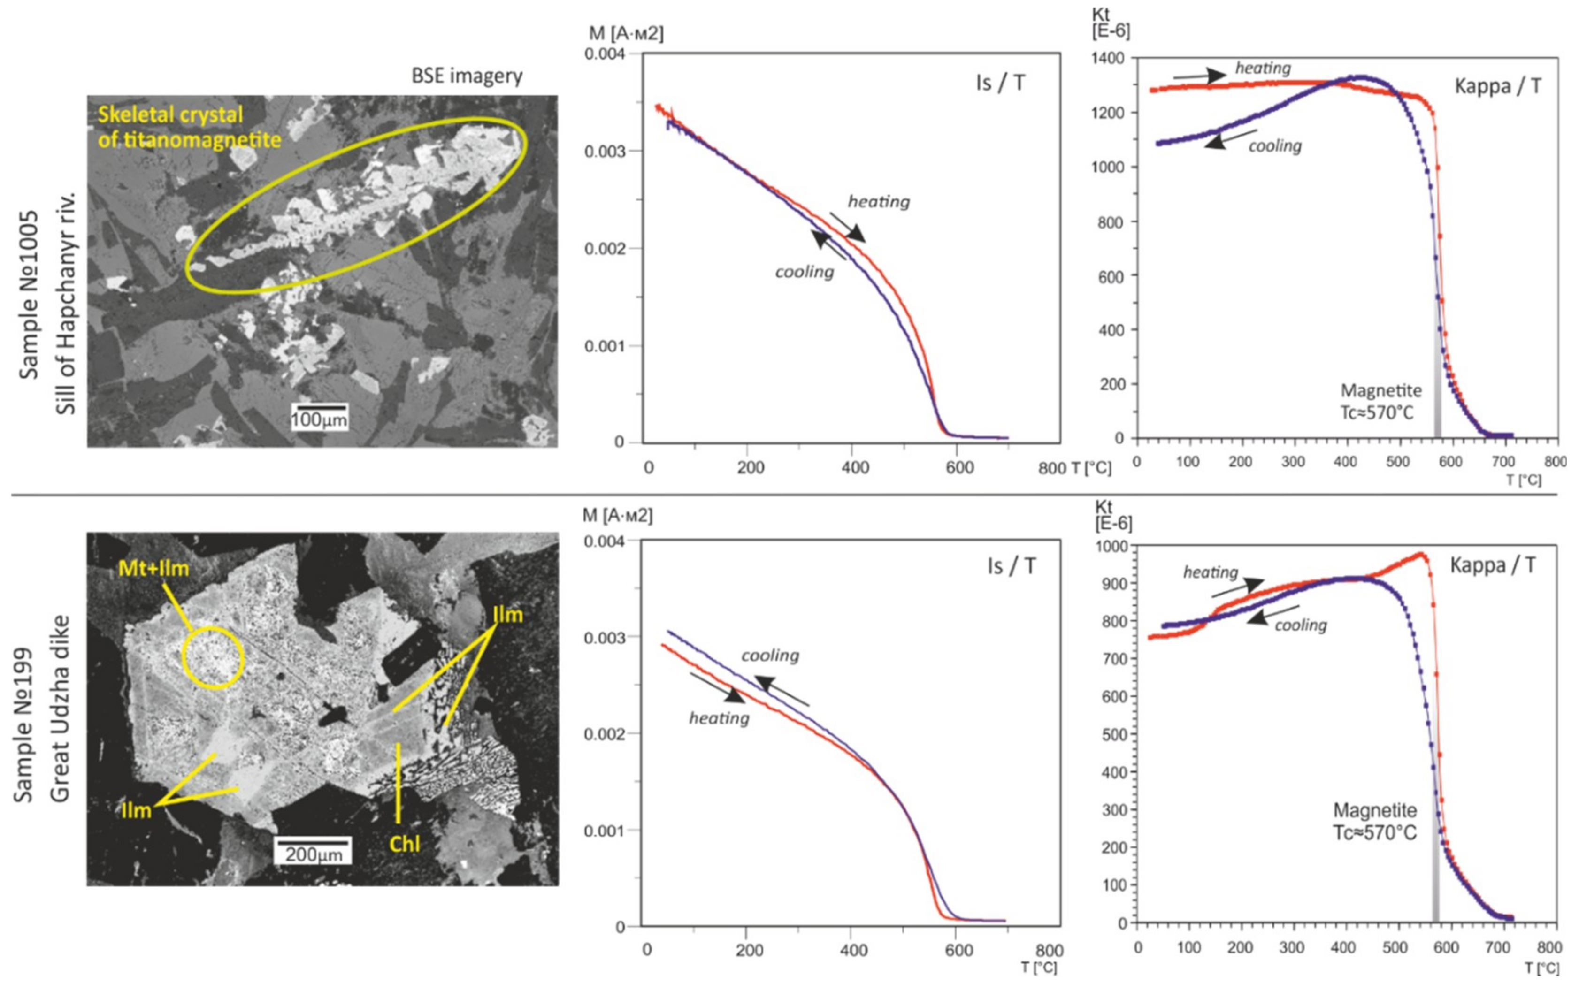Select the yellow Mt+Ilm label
tap(153, 568)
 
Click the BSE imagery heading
tap(467, 76)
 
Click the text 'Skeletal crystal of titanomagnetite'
tap(189, 127)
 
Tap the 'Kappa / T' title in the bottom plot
tap(1492, 565)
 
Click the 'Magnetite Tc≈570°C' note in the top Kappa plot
tap(1380, 401)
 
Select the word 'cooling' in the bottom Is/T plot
tap(770, 656)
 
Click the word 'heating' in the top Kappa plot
tap(1263, 68)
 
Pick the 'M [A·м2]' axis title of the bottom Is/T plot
tap(617, 516)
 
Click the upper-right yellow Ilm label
tap(507, 615)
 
